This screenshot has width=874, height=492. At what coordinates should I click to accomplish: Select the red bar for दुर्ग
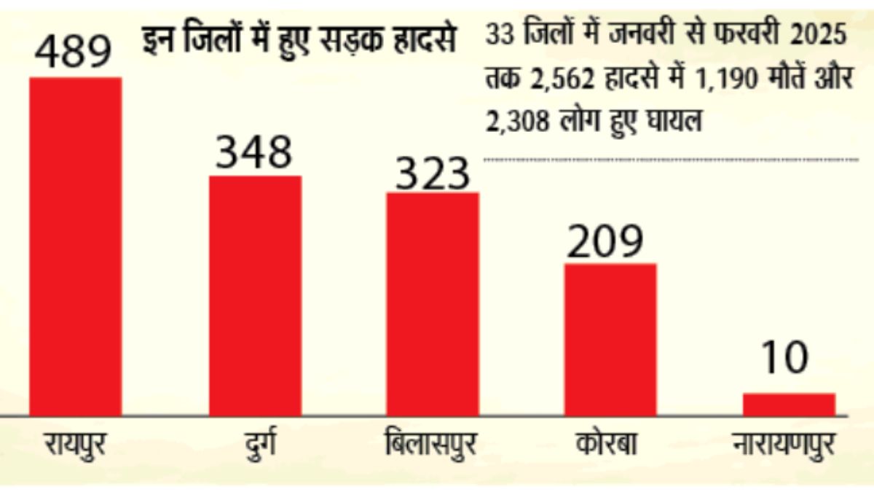tap(255, 295)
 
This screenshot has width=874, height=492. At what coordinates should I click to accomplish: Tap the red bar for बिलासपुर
tap(433, 304)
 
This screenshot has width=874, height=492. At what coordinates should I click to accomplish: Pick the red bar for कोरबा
tap(610, 339)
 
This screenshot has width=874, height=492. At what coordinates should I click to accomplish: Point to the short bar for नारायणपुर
tap(789, 405)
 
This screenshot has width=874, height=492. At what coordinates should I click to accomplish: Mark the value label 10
tap(787, 359)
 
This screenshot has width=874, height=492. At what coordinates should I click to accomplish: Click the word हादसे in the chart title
tap(428, 40)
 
